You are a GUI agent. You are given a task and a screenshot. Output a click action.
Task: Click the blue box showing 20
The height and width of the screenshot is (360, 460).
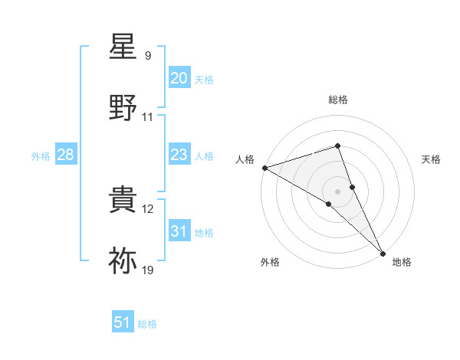179,78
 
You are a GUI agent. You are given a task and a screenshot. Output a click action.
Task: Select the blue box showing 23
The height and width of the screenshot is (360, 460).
179,155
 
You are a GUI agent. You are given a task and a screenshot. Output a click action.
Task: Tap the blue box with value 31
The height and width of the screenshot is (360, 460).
179,231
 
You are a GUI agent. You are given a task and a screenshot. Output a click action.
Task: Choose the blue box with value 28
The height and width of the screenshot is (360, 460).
65,155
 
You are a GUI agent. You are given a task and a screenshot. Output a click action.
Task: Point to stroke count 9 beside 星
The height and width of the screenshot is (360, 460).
147,56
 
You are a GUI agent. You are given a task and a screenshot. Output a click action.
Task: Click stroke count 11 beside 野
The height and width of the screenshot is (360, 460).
148,117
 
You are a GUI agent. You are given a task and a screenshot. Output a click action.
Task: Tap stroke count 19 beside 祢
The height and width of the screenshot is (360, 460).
148,270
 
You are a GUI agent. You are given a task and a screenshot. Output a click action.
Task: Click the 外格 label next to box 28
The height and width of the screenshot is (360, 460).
41,156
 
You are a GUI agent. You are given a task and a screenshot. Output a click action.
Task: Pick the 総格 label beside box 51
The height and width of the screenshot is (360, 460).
147,324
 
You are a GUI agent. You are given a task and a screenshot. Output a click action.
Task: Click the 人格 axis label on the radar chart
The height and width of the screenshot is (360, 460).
245,159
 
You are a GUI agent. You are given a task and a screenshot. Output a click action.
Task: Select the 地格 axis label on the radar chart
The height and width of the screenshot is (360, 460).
402,263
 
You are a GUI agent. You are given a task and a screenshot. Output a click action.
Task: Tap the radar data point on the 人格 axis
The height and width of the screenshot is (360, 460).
264,167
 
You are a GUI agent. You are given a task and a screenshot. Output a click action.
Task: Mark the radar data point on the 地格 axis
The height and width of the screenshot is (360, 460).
383,252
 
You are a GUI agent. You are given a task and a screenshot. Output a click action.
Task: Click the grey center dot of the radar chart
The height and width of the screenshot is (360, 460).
337,191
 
